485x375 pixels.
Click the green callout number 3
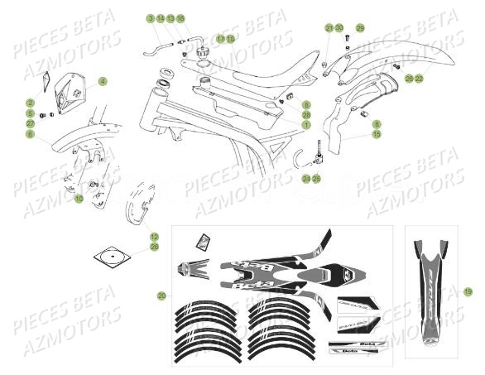click(151, 18)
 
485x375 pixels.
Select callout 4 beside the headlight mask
click(103, 81)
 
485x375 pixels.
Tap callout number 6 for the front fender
click(30, 133)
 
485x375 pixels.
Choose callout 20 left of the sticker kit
click(161, 296)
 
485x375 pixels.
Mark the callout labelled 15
click(377, 134)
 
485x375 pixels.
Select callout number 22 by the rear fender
click(419, 78)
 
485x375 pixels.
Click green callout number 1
click(305, 124)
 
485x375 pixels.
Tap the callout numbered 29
click(360, 28)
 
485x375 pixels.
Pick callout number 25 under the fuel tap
click(315, 178)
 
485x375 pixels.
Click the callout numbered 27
click(30, 123)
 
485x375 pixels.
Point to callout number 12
click(154, 236)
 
